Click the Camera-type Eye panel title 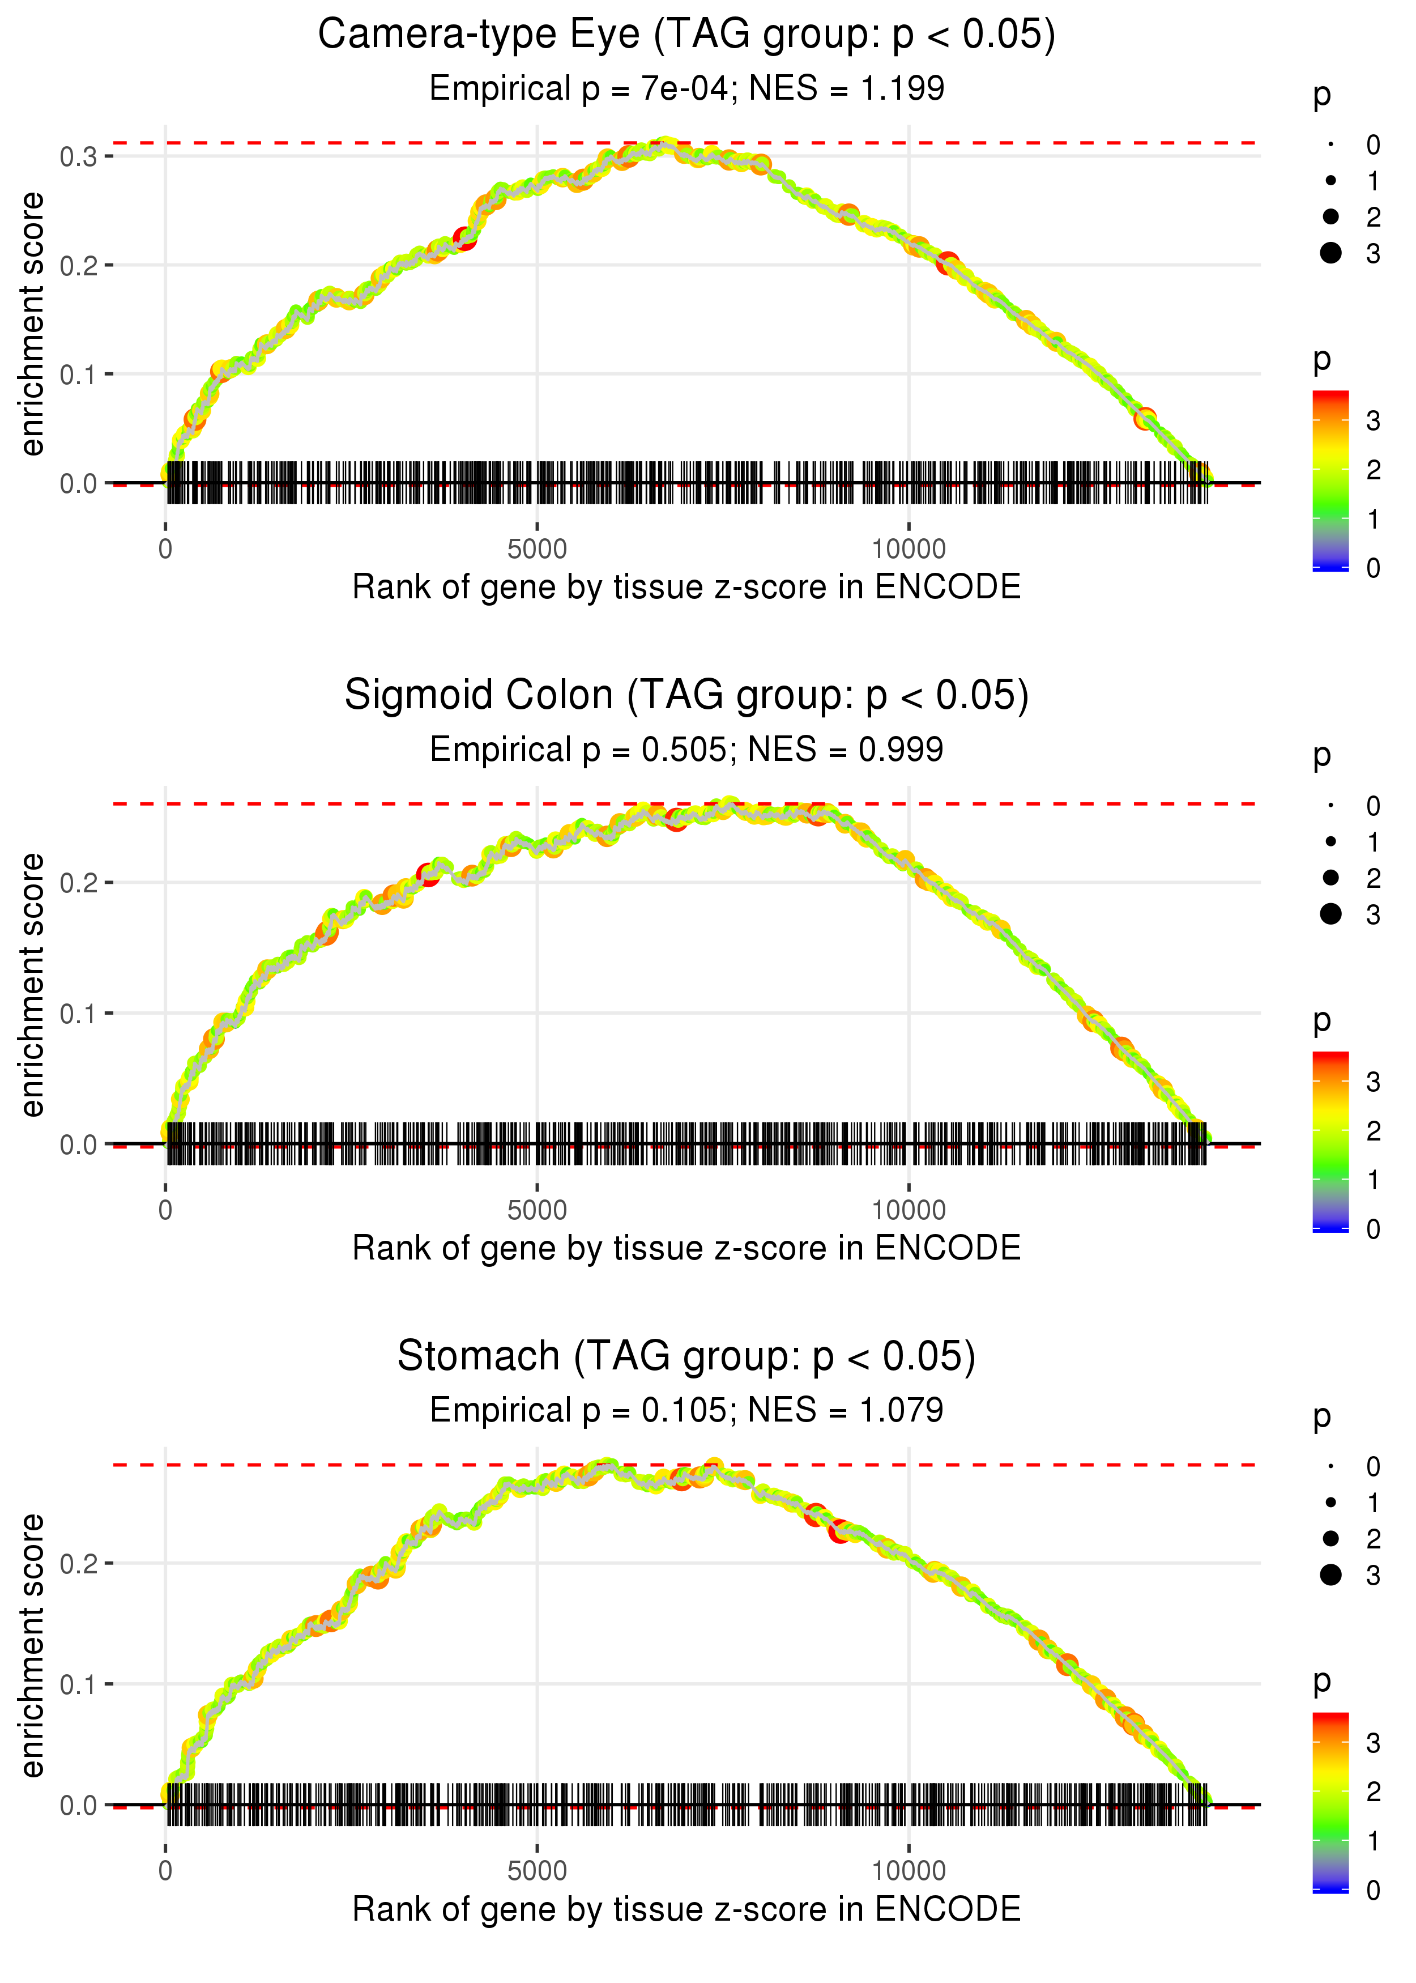pyautogui.click(x=686, y=35)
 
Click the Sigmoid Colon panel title pyautogui.click(x=686, y=696)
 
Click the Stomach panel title pyautogui.click(x=686, y=1357)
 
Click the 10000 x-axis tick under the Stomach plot pyautogui.click(x=909, y=1871)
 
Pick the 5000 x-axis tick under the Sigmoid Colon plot pyautogui.click(x=537, y=1210)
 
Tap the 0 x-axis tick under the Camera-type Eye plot pyautogui.click(x=165, y=550)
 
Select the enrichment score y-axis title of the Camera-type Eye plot pyautogui.click(x=32, y=325)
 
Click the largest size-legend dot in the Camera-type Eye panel pyautogui.click(x=1330, y=253)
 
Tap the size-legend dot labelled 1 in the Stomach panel pyautogui.click(x=1330, y=1503)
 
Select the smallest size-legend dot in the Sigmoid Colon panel pyautogui.click(x=1330, y=806)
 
